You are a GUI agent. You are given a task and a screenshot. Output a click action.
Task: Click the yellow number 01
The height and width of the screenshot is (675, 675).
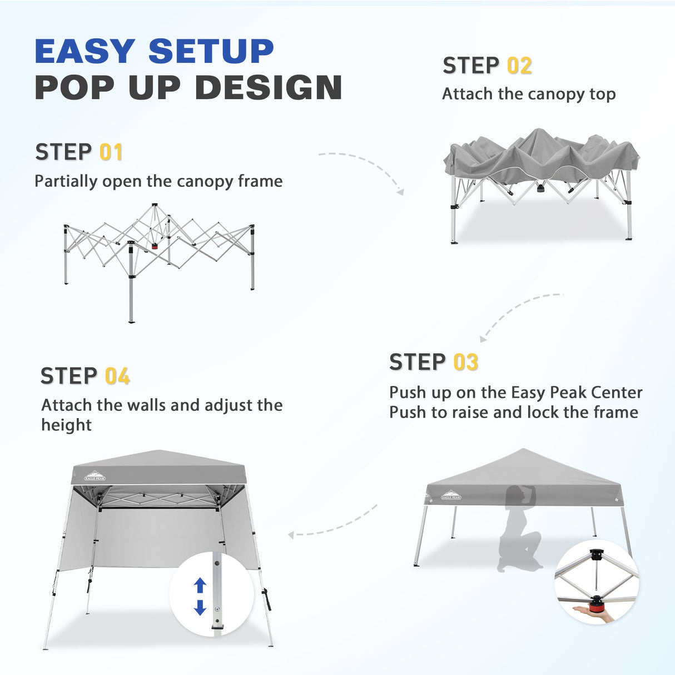[111, 152]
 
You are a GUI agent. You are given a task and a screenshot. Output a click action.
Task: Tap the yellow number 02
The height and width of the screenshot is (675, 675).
[519, 66]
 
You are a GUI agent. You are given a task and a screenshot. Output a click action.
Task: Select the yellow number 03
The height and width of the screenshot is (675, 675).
[465, 363]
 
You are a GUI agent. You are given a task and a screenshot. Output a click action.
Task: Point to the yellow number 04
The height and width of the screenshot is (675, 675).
[117, 377]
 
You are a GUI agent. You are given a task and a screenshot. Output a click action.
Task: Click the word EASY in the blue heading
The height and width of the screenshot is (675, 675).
[86, 52]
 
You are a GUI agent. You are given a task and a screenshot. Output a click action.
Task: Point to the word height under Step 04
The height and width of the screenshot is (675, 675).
[66, 425]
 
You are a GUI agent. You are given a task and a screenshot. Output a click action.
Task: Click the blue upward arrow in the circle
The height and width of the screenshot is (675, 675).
[200, 585]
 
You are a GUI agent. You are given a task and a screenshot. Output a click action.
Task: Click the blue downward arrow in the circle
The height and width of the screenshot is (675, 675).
[200, 607]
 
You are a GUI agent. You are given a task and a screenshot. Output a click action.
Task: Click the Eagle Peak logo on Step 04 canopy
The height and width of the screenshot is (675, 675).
[94, 476]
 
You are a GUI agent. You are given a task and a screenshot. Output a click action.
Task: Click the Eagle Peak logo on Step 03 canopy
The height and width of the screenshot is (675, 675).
[450, 495]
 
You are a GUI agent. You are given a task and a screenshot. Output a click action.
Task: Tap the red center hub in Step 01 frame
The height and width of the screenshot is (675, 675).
[155, 246]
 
